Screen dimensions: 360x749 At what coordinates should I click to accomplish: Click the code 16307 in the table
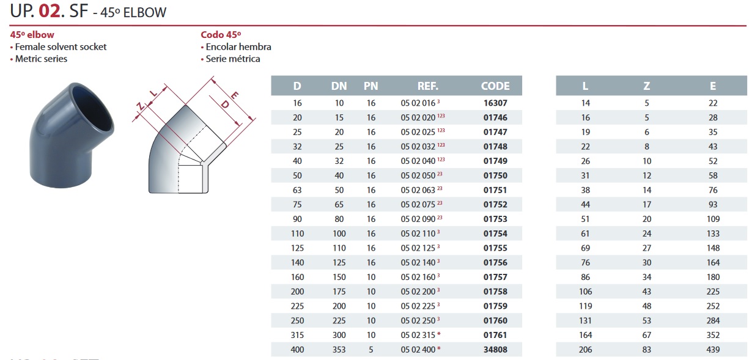(495, 103)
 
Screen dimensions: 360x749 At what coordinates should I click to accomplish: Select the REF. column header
(427, 86)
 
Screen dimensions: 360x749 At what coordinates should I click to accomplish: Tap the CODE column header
(495, 86)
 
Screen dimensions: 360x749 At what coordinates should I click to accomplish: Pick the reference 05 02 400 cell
(421, 350)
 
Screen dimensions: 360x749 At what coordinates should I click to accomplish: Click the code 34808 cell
(495, 350)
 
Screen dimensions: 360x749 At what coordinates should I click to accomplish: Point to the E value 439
(713, 350)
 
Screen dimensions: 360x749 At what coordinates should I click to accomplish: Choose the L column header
(586, 86)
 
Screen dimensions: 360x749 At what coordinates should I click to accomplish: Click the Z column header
(647, 86)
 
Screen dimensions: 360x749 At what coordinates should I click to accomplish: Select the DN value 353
(339, 350)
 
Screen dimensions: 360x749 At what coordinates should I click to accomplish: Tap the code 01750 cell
(495, 176)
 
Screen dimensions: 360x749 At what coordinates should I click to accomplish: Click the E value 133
(713, 233)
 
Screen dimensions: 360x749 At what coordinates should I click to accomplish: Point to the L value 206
(586, 350)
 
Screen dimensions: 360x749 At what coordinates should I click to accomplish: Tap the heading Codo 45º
(221, 35)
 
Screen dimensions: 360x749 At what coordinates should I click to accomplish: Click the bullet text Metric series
(41, 59)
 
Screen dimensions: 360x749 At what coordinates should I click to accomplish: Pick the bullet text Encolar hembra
(238, 46)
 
